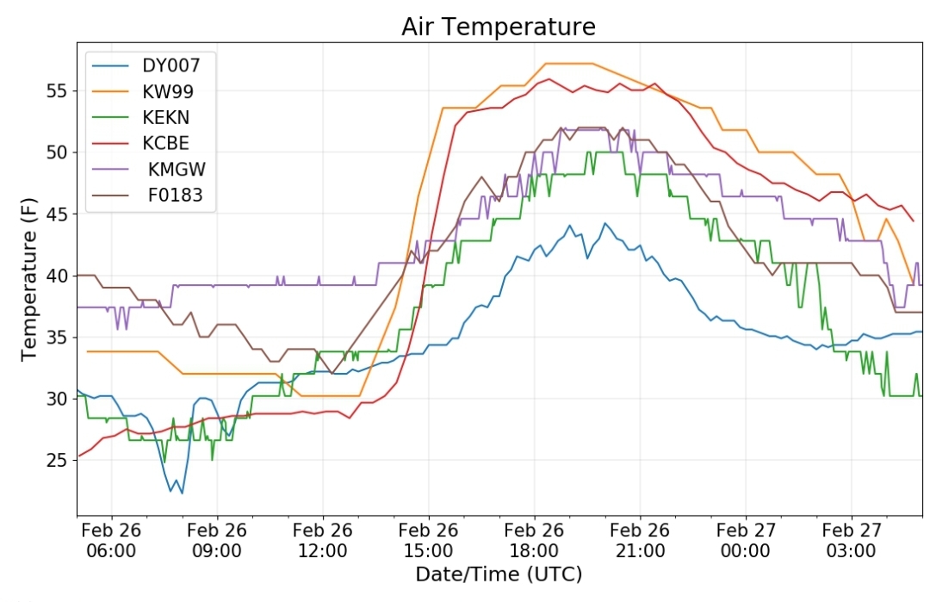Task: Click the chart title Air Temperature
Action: tap(499, 28)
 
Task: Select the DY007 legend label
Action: tap(170, 65)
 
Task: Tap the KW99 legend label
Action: tap(168, 91)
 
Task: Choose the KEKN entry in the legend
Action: tap(166, 117)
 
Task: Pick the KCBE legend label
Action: tap(166, 143)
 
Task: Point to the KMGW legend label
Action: tap(177, 169)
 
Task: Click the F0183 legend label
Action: tap(175, 195)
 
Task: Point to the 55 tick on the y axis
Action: tap(57, 91)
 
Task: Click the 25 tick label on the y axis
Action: tap(57, 460)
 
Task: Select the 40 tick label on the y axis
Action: tap(57, 276)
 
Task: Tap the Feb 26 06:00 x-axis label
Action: tap(111, 540)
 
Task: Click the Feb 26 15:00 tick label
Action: tap(428, 540)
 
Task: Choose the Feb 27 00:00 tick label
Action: tap(746, 540)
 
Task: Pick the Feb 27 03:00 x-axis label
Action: tap(851, 540)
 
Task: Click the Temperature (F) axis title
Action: tap(29, 279)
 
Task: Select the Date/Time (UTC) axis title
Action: tap(499, 574)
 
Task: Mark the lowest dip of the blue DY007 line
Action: tap(182, 493)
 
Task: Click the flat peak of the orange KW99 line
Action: tap(569, 64)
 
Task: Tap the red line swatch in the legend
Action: tap(110, 144)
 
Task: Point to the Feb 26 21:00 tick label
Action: tap(640, 540)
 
